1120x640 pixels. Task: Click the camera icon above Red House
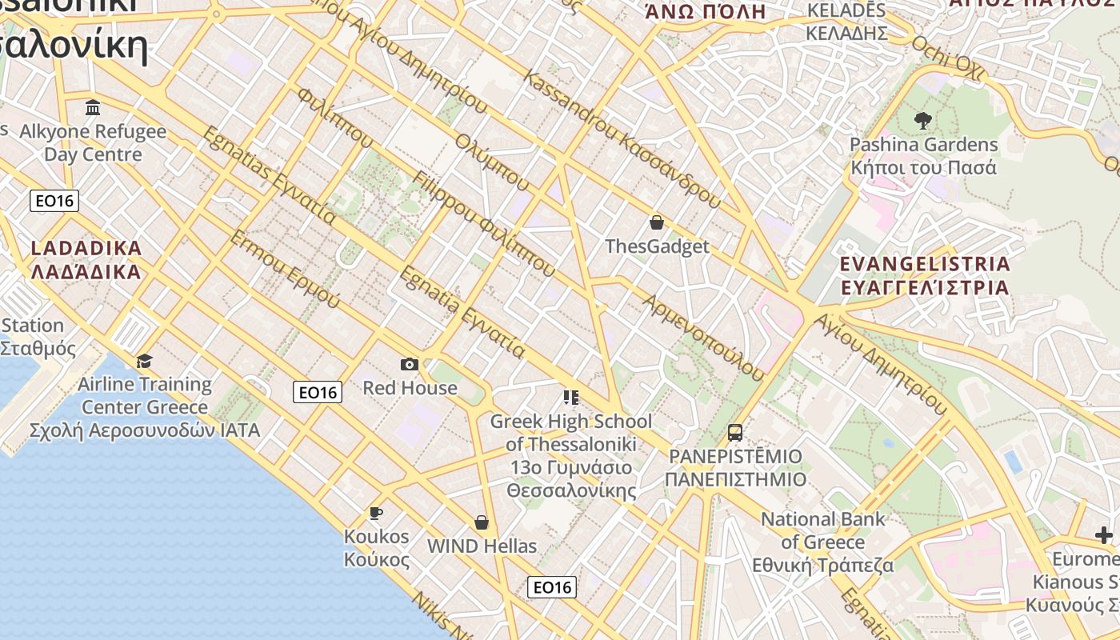click(x=409, y=365)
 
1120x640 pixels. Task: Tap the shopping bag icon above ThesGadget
click(x=657, y=222)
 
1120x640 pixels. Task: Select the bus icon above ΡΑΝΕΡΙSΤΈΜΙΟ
click(x=734, y=433)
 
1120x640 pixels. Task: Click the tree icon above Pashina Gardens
click(x=922, y=121)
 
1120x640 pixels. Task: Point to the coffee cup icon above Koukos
click(x=375, y=513)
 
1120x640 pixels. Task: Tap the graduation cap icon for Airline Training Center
click(x=144, y=361)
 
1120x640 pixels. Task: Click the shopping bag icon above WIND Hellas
click(x=482, y=522)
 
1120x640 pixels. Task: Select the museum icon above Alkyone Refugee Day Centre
click(x=93, y=107)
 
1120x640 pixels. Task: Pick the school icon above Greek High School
click(x=570, y=398)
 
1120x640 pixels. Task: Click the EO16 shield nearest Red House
click(x=318, y=392)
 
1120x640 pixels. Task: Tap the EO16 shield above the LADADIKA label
click(x=54, y=200)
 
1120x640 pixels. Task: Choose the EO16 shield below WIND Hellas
click(x=552, y=587)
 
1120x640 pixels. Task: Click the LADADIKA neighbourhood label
click(x=86, y=260)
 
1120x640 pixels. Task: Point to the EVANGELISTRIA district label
click(x=925, y=275)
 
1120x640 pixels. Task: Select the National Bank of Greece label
click(x=823, y=542)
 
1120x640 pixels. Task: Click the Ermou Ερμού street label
click(x=284, y=270)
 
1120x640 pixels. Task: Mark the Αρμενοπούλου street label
click(x=703, y=336)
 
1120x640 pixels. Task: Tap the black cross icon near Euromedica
click(x=1104, y=535)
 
